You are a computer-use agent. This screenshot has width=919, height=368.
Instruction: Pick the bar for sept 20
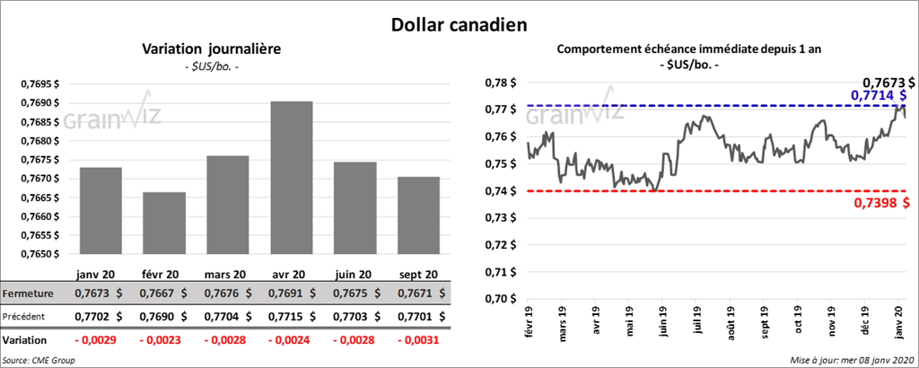point(419,215)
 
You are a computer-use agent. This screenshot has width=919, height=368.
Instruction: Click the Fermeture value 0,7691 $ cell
point(292,294)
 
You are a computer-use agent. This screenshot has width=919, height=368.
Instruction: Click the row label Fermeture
point(29,294)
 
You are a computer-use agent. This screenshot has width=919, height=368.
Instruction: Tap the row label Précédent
point(27,317)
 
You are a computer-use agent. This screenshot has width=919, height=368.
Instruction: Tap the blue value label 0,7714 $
point(879,95)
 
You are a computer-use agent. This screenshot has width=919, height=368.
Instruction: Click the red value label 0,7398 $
point(880,204)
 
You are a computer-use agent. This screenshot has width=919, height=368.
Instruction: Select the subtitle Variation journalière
point(212,49)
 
